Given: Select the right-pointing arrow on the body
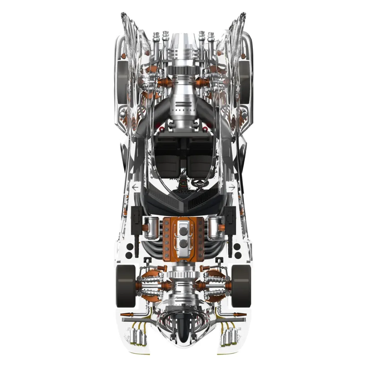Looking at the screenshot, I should (x=232, y=187).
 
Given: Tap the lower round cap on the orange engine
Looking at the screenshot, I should (x=183, y=244).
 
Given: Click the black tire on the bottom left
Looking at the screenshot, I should (x=126, y=286).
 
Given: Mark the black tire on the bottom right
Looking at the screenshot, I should (x=241, y=286).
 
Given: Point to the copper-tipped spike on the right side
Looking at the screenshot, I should (x=239, y=314).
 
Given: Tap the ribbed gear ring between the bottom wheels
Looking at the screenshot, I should (x=183, y=273).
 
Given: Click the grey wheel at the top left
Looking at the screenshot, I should (x=122, y=81).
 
